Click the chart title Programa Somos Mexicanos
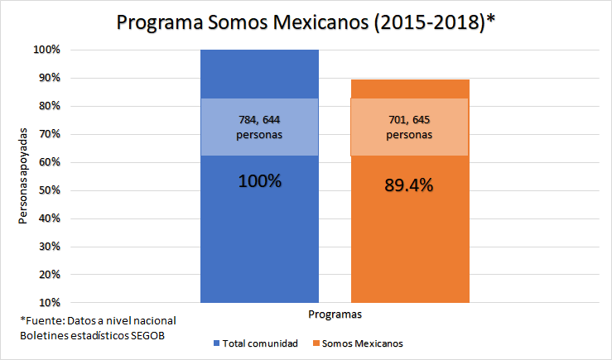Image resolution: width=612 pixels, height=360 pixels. pyautogui.click(x=306, y=22)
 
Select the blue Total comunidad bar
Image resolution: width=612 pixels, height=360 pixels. pyautogui.click(x=259, y=240)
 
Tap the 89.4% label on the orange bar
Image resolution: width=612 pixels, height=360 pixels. pyautogui.click(x=409, y=185)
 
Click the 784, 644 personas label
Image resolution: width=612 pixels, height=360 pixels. pyautogui.click(x=259, y=127)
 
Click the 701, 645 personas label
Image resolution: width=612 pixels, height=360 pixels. pyautogui.click(x=409, y=127)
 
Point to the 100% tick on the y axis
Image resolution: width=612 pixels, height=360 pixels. pyautogui.click(x=47, y=50)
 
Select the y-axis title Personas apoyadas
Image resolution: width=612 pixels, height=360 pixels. pyautogui.click(x=24, y=176)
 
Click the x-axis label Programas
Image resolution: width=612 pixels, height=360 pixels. pyautogui.click(x=334, y=314)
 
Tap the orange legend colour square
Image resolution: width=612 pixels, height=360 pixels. pyautogui.click(x=317, y=343)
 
